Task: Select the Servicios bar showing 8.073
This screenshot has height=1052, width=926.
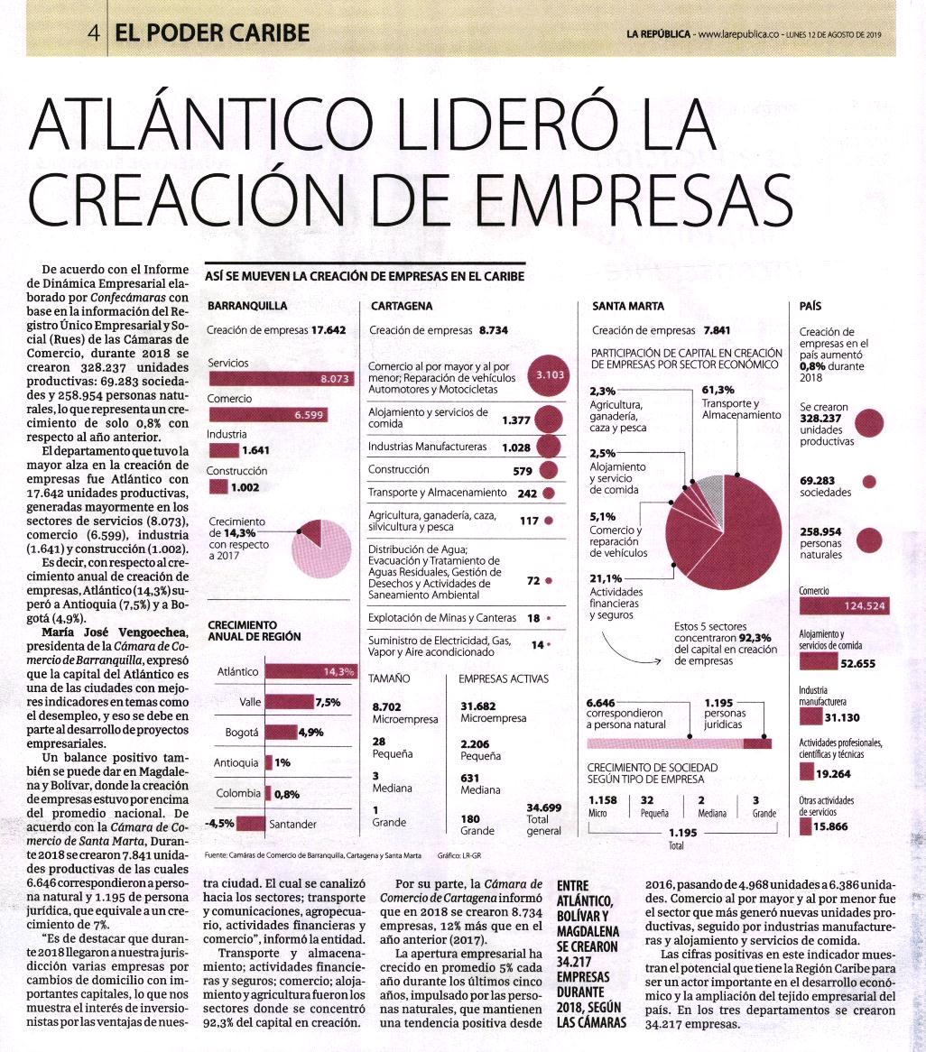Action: point(280,378)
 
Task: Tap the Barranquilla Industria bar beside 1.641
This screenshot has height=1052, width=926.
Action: point(224,450)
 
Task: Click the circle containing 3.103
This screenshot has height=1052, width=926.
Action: point(549,375)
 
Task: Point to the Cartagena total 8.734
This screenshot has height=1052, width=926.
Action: point(493,330)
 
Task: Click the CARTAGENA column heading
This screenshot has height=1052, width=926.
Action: point(402,306)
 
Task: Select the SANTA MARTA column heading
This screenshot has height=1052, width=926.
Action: point(628,306)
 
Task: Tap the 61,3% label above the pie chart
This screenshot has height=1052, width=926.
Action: point(718,390)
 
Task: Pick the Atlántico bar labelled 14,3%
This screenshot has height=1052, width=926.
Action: point(310,671)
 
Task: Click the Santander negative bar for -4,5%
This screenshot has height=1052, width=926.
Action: point(251,823)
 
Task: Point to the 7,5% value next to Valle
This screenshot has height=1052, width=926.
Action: point(329,703)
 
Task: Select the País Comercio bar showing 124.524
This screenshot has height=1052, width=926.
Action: point(844,605)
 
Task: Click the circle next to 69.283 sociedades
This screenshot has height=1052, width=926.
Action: point(869,481)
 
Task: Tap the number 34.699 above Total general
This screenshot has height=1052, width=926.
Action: point(543,807)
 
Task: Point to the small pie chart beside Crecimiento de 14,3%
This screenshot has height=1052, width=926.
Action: point(321,549)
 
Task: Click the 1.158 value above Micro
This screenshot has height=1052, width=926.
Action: point(603,799)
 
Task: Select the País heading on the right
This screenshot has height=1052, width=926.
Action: point(810,306)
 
